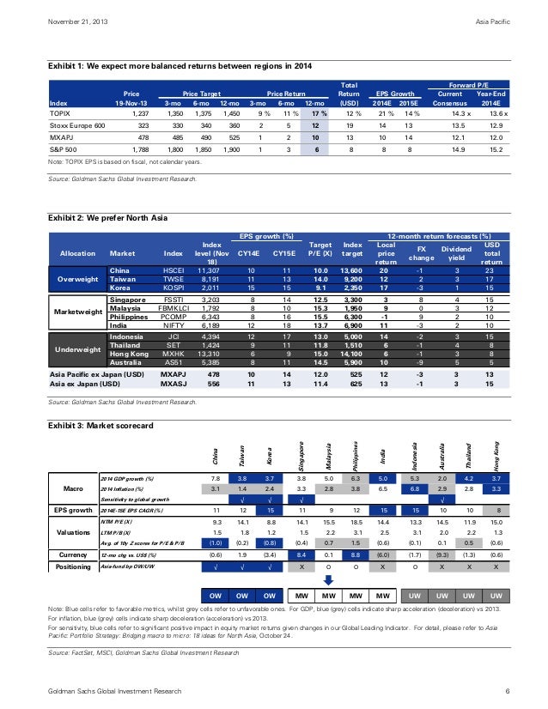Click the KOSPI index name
click(174, 288)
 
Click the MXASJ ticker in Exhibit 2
click(174, 384)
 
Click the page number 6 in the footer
click(509, 691)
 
